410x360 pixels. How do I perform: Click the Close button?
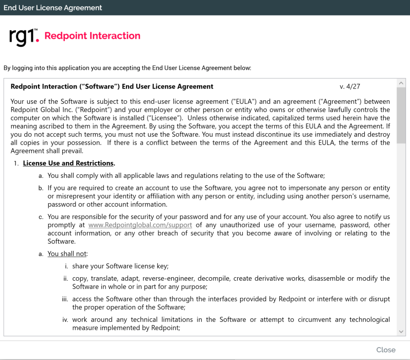pyautogui.click(x=385, y=350)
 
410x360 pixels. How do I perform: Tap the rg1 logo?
pyautogui.click(x=24, y=37)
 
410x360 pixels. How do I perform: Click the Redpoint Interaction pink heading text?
pyautogui.click(x=93, y=36)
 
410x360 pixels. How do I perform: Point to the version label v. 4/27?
pyautogui.click(x=350, y=86)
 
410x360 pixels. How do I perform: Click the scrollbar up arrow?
pyautogui.click(x=401, y=83)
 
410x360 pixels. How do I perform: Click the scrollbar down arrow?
pyautogui.click(x=401, y=332)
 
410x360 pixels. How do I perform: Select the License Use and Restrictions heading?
pyautogui.click(x=68, y=164)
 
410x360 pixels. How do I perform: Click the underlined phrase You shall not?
pyautogui.click(x=68, y=254)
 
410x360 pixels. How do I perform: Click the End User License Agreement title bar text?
pyautogui.click(x=52, y=8)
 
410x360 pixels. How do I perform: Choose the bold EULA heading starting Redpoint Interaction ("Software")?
pyautogui.click(x=112, y=86)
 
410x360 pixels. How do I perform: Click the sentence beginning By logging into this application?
pyautogui.click(x=127, y=67)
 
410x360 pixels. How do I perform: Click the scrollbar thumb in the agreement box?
pyautogui.click(x=401, y=111)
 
